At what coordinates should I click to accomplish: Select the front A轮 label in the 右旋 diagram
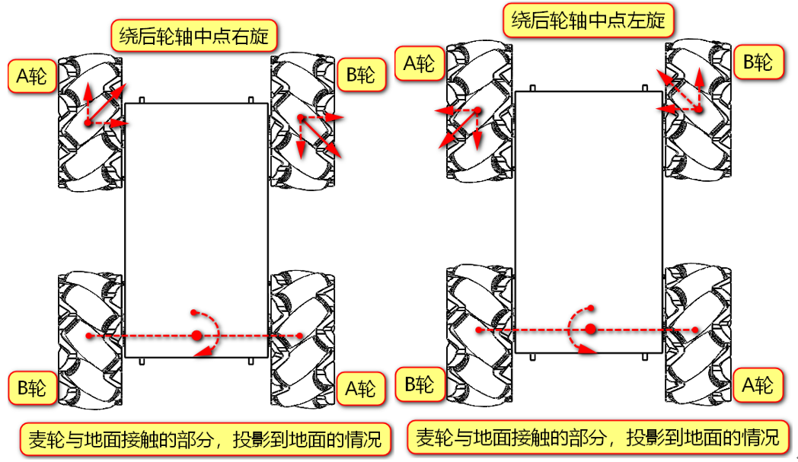click(x=32, y=76)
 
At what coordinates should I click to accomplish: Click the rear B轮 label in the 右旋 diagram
click(x=32, y=388)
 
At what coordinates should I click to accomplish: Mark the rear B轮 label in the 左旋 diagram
click(x=419, y=384)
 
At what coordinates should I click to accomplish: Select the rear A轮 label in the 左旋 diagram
click(x=758, y=385)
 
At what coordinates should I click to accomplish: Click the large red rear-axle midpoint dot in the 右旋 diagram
click(x=197, y=336)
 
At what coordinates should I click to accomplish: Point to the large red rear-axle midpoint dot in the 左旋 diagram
click(x=590, y=330)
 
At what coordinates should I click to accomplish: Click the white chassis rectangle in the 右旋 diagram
click(x=196, y=228)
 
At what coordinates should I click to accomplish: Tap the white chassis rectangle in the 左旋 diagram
click(x=588, y=221)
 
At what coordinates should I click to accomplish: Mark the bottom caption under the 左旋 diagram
click(x=597, y=438)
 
